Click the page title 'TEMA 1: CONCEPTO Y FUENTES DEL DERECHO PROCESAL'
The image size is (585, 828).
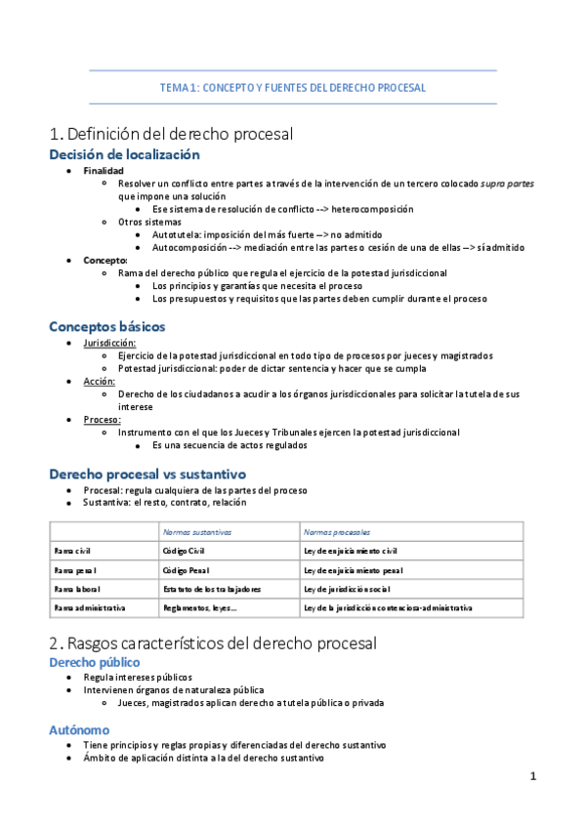point(292,87)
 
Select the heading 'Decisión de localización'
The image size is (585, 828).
point(124,154)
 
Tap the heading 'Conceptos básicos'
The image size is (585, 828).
point(106,326)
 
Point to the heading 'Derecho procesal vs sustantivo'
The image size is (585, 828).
point(146,474)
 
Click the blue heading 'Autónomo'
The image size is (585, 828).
point(79,729)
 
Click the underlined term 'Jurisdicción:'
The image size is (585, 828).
point(109,343)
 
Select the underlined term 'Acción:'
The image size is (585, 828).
point(99,381)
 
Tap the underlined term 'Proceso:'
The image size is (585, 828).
point(102,419)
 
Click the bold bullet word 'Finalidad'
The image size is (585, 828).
point(104,171)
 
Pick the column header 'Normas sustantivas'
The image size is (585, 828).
point(197,533)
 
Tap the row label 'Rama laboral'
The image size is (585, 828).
point(77,589)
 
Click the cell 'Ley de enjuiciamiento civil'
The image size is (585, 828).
point(351,552)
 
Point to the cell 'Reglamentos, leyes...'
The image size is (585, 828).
point(199,607)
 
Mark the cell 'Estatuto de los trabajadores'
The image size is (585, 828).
point(212,589)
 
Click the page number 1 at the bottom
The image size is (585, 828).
point(533,776)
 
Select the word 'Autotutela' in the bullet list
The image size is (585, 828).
point(177,234)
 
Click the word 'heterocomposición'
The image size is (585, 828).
point(372,209)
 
